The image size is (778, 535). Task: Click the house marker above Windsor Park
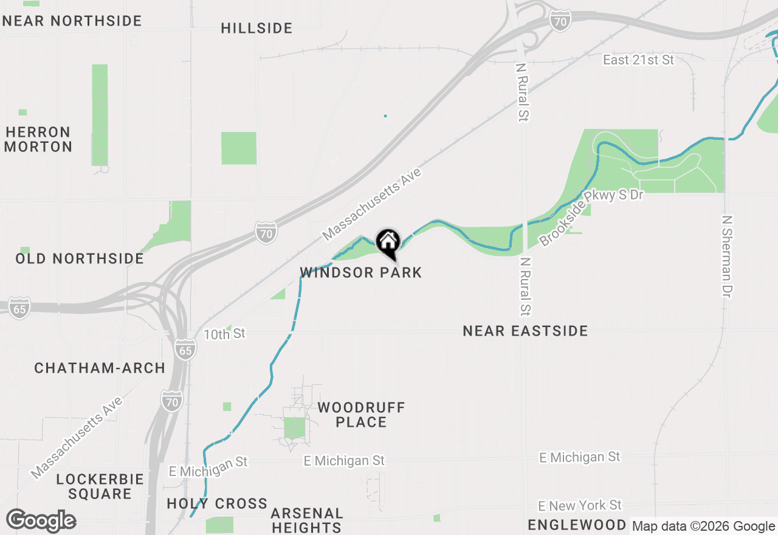pos(388,243)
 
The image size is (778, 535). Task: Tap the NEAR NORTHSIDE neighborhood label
pos(72,21)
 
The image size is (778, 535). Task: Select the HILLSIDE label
pos(256,28)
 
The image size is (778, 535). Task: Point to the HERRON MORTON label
pos(39,139)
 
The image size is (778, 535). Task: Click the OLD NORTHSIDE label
pos(80,258)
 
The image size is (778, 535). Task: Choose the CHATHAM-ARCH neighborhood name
pos(100,368)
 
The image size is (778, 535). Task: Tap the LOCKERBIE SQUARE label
pos(100,486)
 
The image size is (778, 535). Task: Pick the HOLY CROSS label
pos(217,503)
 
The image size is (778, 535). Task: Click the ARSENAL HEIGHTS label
pos(307,520)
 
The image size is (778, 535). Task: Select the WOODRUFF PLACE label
pos(361,414)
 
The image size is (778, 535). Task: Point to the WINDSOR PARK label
pos(361,272)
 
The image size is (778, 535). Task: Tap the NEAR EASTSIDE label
pos(525,331)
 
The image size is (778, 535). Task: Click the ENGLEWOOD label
pos(577,525)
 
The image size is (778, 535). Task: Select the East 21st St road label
pos(638,60)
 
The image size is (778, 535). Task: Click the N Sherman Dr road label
pos(728,256)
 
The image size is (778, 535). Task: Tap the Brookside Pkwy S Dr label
pos(591,217)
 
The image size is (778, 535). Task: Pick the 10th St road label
pos(224,334)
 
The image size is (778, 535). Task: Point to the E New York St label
pos(580,505)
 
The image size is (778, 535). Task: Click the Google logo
pos(41,521)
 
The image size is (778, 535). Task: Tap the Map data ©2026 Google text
pos(703,526)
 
